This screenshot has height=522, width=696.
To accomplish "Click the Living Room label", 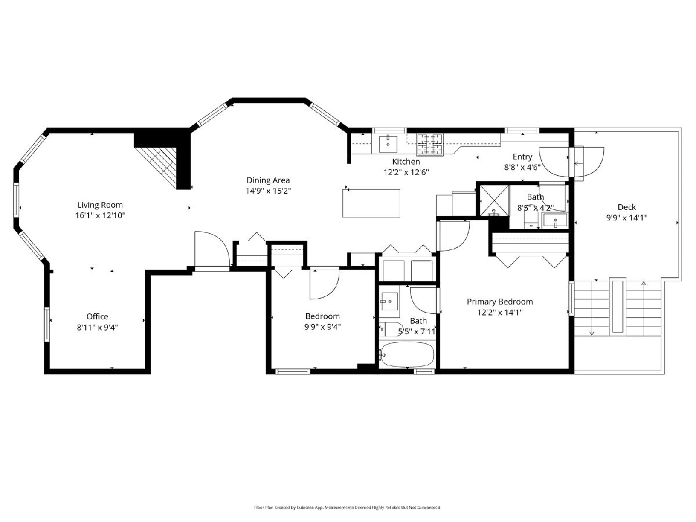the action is click(x=100, y=205).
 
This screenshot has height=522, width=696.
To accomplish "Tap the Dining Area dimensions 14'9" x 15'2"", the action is click(x=268, y=191).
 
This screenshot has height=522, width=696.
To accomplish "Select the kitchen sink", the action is click(x=388, y=144).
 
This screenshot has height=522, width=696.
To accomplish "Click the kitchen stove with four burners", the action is click(x=430, y=145).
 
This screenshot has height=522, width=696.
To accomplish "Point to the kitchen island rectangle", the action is click(x=371, y=203).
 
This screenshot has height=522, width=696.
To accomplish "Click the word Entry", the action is click(x=522, y=157).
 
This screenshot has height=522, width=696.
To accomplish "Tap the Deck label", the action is click(x=626, y=207).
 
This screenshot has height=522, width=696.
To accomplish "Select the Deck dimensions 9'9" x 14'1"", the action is click(x=626, y=217).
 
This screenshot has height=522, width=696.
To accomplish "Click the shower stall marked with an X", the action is click(x=494, y=200).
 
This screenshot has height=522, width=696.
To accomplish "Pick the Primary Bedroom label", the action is click(x=500, y=302).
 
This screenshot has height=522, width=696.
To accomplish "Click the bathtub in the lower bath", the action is click(x=407, y=354).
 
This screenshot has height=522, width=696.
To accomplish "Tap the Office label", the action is click(x=97, y=316).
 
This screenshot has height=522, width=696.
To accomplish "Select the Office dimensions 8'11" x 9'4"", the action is click(x=97, y=327).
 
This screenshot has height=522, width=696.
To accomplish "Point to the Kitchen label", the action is click(x=406, y=162).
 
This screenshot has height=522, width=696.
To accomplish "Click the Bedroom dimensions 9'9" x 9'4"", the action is click(x=322, y=327).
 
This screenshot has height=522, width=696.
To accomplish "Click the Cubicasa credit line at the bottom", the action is click(x=347, y=507).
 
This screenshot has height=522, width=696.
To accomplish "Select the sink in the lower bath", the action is click(x=389, y=301).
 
